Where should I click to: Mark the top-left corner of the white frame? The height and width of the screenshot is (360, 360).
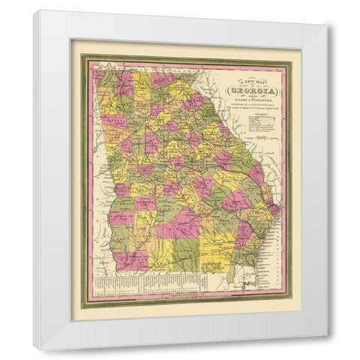pyautogui.click(x=35, y=11)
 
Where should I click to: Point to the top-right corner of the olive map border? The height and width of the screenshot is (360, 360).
pyautogui.click(x=291, y=55)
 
